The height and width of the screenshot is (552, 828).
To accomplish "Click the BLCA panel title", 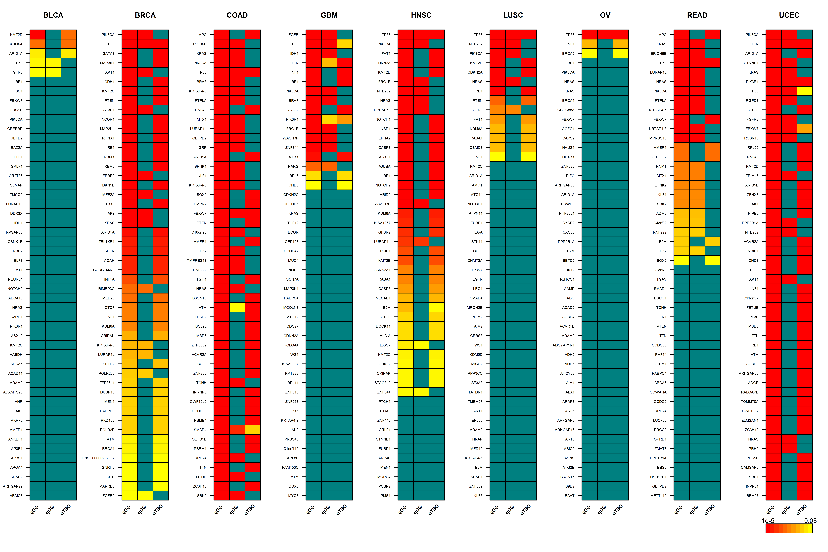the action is pos(53,15).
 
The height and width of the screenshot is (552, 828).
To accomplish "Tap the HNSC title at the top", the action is pos(421,15).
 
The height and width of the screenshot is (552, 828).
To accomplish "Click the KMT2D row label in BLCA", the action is pos(16,34).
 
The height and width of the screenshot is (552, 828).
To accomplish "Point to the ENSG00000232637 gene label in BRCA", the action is pos(98,458).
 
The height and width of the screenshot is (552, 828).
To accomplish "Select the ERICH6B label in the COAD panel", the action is pos(199,44).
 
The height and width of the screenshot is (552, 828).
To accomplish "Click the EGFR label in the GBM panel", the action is pos(293,34).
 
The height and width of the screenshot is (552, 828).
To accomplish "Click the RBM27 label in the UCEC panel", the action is pos(752,496).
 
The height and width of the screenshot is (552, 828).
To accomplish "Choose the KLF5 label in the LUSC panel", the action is pos(478,496).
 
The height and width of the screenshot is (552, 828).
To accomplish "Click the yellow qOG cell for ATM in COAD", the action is pos(237,307).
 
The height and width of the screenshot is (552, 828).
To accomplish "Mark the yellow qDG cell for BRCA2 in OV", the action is pos(590,54).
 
